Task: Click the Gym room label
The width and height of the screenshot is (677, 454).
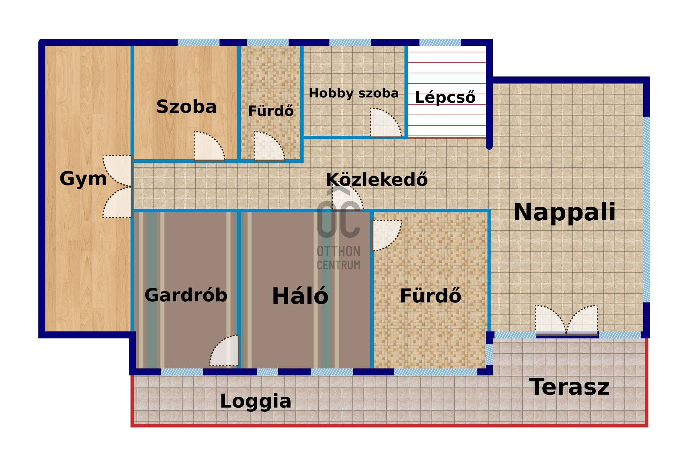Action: coord(83,179)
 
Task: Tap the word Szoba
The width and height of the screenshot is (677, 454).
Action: coord(186,107)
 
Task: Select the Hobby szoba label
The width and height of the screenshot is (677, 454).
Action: coord(354,93)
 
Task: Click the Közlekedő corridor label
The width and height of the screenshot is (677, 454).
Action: coord(377,179)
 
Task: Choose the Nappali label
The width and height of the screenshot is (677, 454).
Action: coord(564,212)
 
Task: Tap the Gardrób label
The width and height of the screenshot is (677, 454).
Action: coord(186,295)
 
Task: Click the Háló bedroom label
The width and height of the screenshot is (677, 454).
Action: coord(300,296)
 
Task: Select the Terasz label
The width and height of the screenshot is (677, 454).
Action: coord(569,387)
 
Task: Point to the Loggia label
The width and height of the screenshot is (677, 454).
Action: coord(255,401)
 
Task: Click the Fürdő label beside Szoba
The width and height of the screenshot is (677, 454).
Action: coord(270,111)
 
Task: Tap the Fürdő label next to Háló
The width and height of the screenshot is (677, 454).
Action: coord(430,296)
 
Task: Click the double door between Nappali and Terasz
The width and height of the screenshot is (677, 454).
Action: coord(566,320)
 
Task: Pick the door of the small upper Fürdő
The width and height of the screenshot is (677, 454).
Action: coord(269,146)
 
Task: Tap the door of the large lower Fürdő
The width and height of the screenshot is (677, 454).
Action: coord(387,235)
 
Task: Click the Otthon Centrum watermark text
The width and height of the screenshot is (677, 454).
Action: coord(338,258)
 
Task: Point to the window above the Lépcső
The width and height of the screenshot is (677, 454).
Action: coord(440,43)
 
